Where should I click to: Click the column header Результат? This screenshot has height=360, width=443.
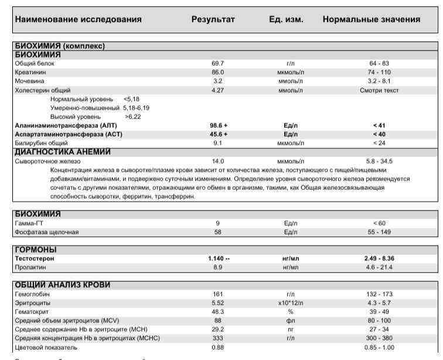point(213,19)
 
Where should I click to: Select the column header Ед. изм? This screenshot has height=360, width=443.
point(286,19)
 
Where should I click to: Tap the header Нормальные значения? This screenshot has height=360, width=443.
point(371,19)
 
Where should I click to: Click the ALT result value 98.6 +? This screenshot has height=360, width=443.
point(218,125)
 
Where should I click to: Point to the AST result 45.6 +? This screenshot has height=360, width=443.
point(218,134)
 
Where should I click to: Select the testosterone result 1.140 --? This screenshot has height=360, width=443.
point(218,259)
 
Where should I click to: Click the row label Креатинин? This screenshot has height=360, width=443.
point(28,72)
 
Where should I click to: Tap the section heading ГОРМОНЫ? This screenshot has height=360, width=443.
point(37,249)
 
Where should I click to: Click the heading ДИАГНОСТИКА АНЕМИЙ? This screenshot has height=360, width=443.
point(62,152)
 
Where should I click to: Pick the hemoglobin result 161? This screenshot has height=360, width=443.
point(217,294)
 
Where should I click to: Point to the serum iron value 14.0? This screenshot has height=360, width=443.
point(218,161)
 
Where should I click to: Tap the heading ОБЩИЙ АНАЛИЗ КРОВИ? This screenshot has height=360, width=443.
point(63,285)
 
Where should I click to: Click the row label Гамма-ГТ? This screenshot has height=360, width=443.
point(28,223)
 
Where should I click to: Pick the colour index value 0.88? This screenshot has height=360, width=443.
point(217,347)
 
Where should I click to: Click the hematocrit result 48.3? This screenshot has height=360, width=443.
point(217,311)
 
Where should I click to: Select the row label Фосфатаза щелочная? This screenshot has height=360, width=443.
point(46,232)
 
